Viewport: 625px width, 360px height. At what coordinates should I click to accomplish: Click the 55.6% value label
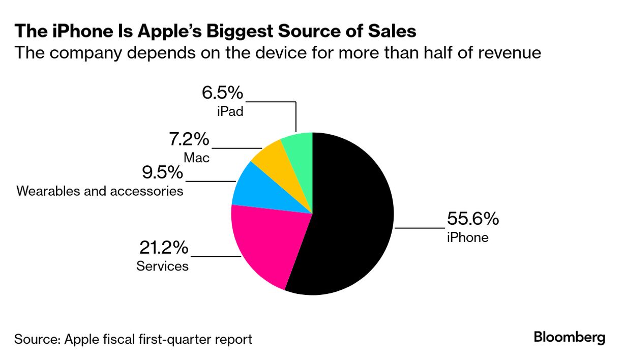tap(472, 219)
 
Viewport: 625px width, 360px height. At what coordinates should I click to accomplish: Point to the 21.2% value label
tap(164, 248)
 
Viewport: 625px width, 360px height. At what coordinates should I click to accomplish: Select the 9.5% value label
tap(162, 172)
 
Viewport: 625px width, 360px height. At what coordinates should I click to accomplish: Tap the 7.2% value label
tap(189, 139)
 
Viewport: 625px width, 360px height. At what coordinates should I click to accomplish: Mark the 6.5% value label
tap(223, 94)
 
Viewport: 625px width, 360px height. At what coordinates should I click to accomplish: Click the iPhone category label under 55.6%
tap(467, 237)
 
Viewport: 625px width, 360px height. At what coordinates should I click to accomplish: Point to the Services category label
tap(162, 266)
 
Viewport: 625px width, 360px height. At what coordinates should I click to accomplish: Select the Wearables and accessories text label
tap(100, 191)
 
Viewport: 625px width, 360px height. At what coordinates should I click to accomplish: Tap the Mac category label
tap(196, 158)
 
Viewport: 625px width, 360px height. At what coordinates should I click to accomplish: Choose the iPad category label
tap(229, 111)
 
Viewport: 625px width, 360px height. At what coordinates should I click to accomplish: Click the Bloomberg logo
tap(570, 337)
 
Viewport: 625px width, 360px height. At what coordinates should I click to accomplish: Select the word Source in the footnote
tap(35, 339)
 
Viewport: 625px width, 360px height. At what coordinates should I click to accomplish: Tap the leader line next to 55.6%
tap(420, 228)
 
